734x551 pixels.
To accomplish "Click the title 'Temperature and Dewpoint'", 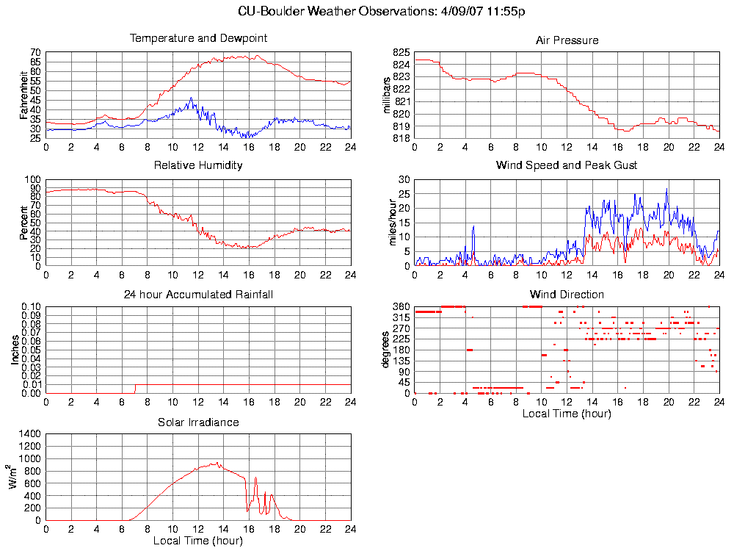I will click(198, 38).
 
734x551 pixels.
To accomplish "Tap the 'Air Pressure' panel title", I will click(567, 40).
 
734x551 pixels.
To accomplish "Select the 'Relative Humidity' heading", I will click(198, 165).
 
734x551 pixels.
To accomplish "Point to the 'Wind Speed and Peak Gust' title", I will click(567, 165).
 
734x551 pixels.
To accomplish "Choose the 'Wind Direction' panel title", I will click(567, 295).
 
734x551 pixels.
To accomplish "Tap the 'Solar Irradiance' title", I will click(198, 422).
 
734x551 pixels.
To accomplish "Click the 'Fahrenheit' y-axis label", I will click(23, 95).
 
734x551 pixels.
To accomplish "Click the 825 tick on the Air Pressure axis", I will click(401, 53).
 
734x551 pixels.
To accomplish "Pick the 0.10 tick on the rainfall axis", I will click(30, 306).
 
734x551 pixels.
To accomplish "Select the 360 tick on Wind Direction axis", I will click(401, 306).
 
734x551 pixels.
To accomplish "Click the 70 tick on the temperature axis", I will click(35, 53).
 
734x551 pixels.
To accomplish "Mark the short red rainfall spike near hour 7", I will click(135, 388).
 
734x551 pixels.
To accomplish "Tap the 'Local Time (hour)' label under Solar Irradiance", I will click(198, 541).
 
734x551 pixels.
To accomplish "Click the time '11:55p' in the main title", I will click(507, 12).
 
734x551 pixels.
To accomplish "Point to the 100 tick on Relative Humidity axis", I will click(33, 179).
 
